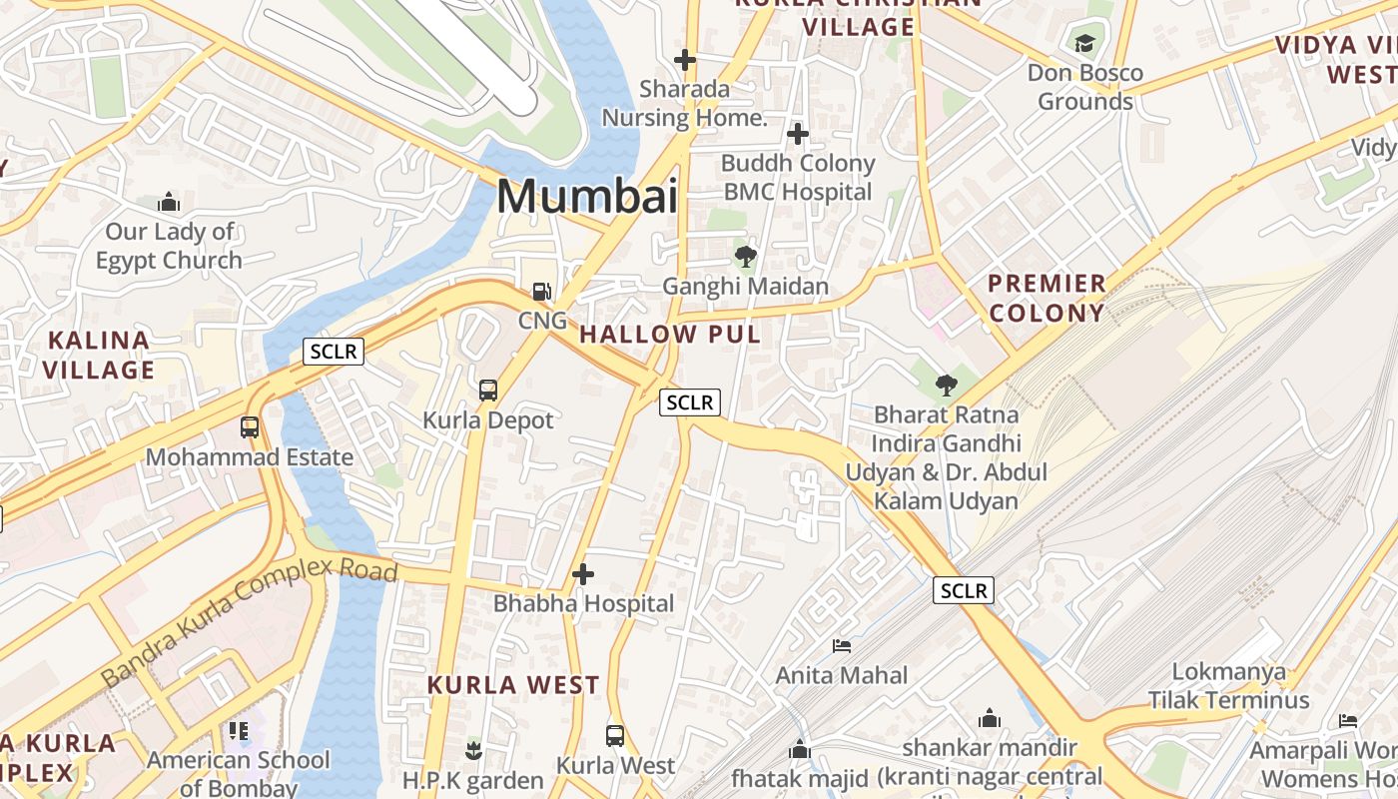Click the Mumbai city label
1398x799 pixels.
(x=587, y=196)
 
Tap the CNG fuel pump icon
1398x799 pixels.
(x=541, y=292)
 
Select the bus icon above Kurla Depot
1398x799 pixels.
(x=488, y=391)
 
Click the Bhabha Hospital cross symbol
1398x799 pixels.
(x=583, y=574)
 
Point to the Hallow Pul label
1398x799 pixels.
(x=670, y=335)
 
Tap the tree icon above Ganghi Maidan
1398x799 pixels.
(x=745, y=257)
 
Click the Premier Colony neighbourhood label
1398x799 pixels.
(x=1047, y=298)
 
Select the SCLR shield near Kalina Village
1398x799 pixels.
(x=334, y=352)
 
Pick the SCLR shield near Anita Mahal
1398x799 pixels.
(x=964, y=590)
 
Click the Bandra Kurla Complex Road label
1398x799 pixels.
(x=250, y=622)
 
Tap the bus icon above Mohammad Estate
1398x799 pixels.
(x=250, y=427)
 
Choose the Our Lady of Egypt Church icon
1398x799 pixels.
(x=169, y=203)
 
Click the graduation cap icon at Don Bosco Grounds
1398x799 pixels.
(x=1084, y=43)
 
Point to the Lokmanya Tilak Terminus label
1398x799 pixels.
(x=1228, y=685)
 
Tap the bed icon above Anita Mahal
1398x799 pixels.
(x=842, y=646)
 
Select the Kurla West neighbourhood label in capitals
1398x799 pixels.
(x=513, y=685)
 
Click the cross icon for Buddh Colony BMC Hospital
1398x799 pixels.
(x=797, y=133)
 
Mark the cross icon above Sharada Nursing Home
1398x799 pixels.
(x=684, y=60)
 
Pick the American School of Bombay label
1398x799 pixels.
(x=238, y=773)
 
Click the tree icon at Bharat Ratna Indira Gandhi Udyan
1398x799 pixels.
(x=946, y=385)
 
